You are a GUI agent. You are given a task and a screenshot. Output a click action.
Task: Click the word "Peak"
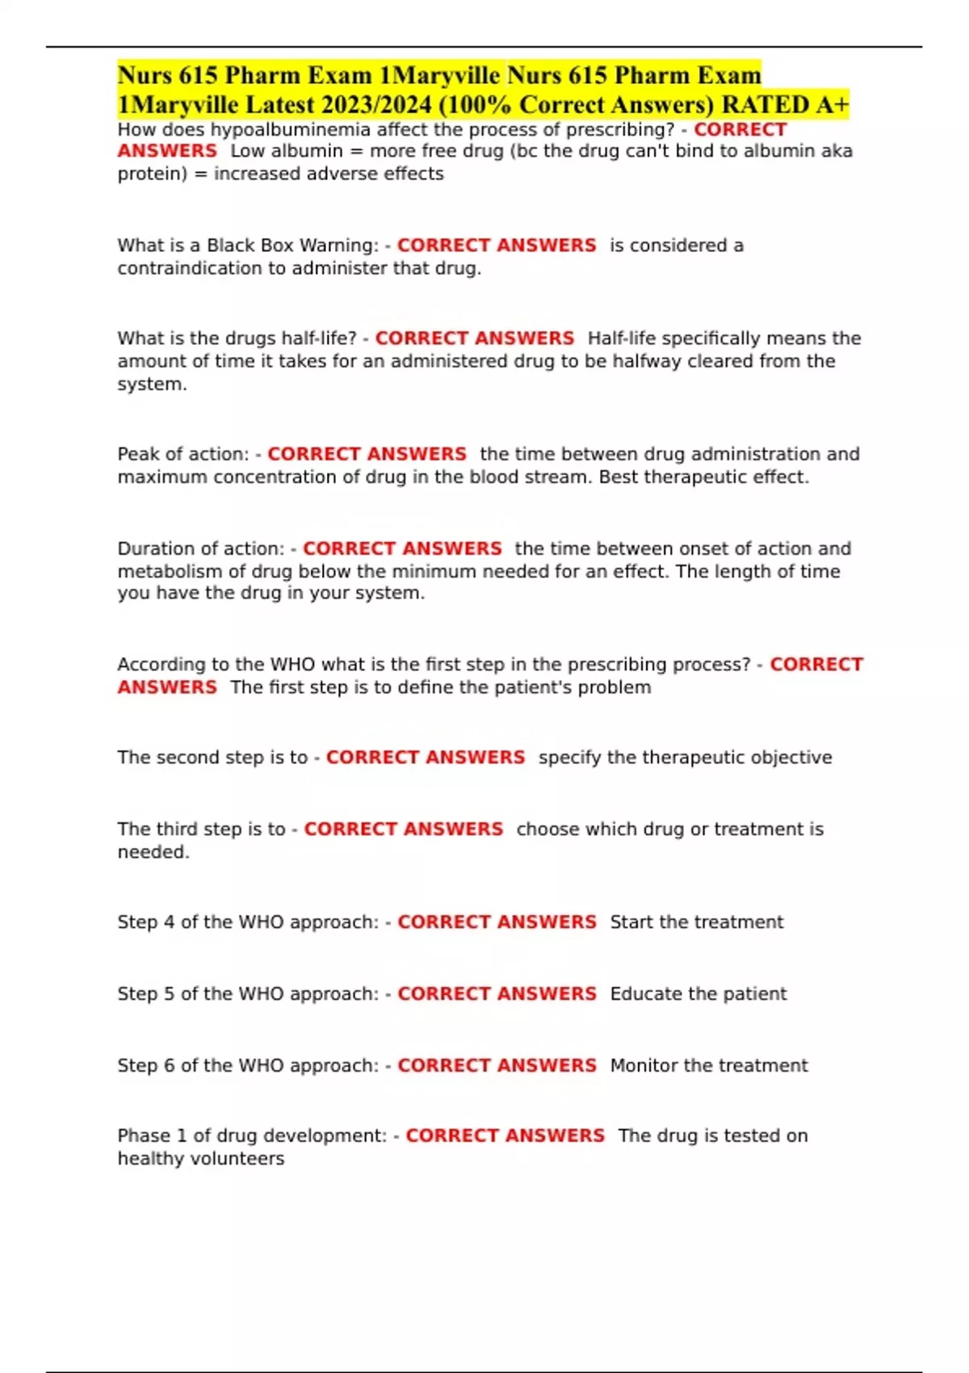click(x=138, y=454)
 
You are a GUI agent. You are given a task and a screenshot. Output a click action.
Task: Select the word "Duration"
click(x=154, y=549)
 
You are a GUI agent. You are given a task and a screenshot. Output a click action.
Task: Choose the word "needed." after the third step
click(x=153, y=852)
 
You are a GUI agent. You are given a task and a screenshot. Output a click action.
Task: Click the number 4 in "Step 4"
click(x=169, y=922)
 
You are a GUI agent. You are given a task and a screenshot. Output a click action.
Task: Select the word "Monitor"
click(x=644, y=1066)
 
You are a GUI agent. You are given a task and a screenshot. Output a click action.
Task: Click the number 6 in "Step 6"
click(x=169, y=1066)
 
